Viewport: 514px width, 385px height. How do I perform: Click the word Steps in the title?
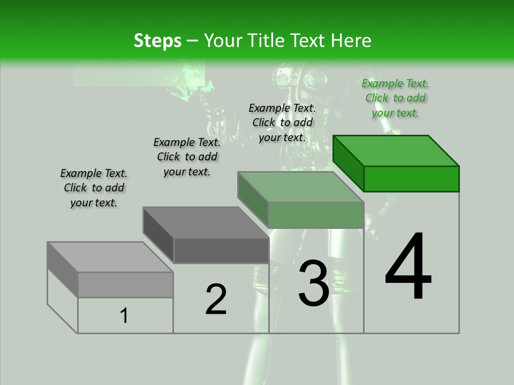[157, 41]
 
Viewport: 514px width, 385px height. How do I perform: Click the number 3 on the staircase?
[313, 283]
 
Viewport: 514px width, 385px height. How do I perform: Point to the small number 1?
[124, 315]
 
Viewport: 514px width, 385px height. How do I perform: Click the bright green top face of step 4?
[396, 150]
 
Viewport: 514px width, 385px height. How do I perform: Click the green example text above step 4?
[395, 98]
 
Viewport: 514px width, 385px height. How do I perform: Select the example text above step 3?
[282, 122]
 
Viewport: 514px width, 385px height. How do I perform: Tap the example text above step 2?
[187, 157]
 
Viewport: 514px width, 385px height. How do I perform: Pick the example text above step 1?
[94, 188]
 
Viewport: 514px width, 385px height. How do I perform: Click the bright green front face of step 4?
[411, 179]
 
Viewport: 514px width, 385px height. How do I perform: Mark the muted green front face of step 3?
[316, 215]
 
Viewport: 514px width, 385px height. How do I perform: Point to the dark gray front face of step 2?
[221, 250]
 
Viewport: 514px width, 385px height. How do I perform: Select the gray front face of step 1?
[125, 284]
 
